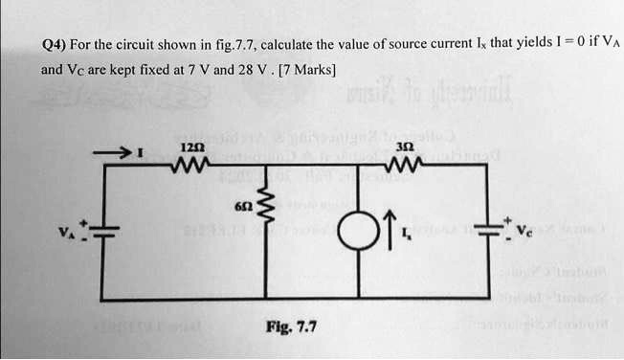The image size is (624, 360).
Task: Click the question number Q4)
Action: coord(55,45)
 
